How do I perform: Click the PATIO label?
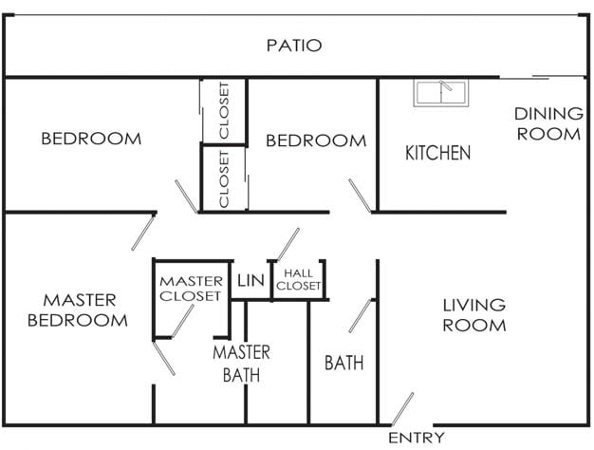294,45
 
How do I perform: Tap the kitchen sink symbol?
441,93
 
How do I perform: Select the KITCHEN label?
437,153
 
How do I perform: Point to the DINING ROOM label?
548,124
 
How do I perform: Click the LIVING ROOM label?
474,315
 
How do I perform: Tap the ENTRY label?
417,438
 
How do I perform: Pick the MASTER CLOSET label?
190,289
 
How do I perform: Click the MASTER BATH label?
241,364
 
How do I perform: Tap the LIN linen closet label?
251,280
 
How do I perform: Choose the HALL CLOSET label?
297,279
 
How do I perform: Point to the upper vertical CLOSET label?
225,111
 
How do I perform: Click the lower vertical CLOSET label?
225,178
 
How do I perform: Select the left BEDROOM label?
91,139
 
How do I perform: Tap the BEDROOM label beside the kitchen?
316,141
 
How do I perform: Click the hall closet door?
287,244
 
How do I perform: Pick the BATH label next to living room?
343,363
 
